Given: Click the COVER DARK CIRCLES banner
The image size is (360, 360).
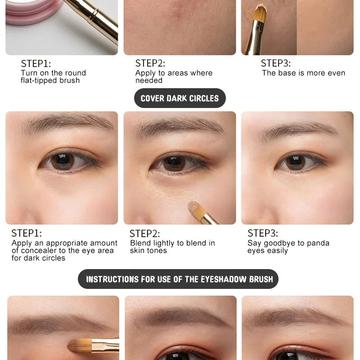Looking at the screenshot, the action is pyautogui.click(x=180, y=98).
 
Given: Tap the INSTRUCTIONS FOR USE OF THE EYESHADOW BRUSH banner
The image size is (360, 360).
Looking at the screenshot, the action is pyautogui.click(x=178, y=279).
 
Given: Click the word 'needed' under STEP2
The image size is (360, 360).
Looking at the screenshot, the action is pyautogui.click(x=149, y=81).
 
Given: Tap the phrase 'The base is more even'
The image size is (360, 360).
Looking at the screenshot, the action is pyautogui.click(x=303, y=73).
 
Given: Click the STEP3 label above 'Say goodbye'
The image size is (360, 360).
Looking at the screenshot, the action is pyautogui.click(x=263, y=233).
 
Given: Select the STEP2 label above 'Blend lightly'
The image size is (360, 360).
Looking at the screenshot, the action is pyautogui.click(x=144, y=234).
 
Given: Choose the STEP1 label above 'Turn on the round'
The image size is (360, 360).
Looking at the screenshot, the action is pyautogui.click(x=36, y=64).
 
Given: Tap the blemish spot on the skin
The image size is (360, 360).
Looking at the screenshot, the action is pyautogui.click(x=177, y=12).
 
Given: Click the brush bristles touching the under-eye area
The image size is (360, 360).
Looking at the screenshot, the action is pyautogui.click(x=196, y=209).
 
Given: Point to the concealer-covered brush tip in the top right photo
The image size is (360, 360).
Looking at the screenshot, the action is pyautogui.click(x=261, y=13).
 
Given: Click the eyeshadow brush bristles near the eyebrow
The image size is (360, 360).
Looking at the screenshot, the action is pyautogui.click(x=80, y=346).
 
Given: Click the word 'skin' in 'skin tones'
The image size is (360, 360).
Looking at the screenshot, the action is pyautogui.click(x=137, y=251).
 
